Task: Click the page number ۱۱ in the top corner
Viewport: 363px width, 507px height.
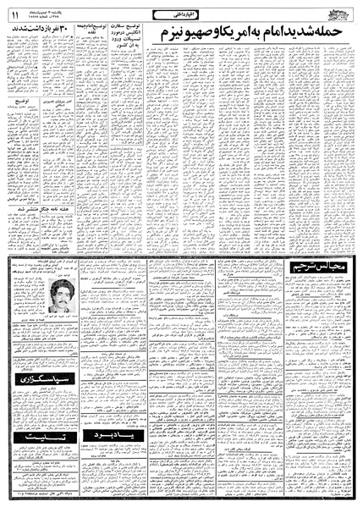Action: [14, 13]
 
